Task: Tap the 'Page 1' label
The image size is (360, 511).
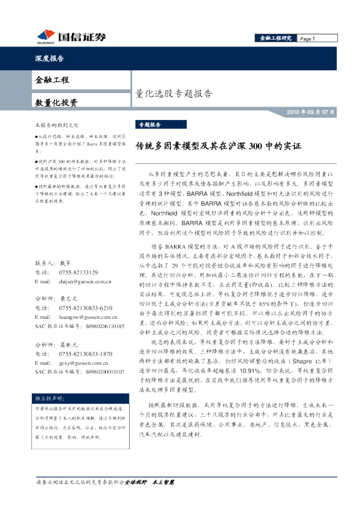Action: (x=307, y=39)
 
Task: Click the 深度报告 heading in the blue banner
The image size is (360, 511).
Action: (x=48, y=59)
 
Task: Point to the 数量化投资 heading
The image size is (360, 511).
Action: (x=56, y=102)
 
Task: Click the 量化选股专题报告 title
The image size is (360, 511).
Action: (x=173, y=94)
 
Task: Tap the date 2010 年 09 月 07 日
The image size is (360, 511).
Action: (x=311, y=113)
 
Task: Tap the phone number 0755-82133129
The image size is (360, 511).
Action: (x=78, y=272)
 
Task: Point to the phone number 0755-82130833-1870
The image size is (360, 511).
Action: (x=86, y=354)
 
